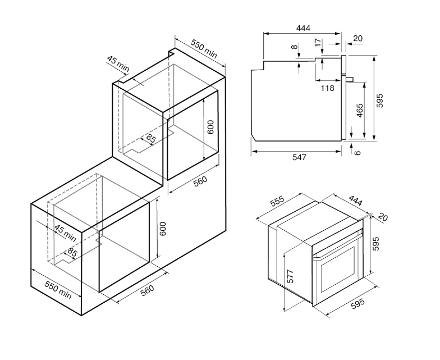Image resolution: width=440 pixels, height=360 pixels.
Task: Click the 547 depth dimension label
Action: (299, 157)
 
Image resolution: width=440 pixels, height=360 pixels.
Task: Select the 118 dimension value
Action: (328, 88)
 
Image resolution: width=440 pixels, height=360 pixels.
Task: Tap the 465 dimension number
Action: (359, 111)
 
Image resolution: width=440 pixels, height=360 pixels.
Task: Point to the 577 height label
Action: (290, 276)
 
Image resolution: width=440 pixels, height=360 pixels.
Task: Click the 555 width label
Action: (277, 201)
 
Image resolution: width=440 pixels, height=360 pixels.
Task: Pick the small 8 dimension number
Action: (294, 47)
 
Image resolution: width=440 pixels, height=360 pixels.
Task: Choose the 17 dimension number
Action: (318, 43)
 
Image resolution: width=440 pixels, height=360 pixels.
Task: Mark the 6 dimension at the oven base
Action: (357, 153)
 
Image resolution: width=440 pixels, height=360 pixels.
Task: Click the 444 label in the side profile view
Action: (303, 28)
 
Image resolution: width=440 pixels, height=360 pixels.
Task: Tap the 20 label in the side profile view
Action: (358, 38)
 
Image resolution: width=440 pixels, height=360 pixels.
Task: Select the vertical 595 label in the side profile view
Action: (379, 101)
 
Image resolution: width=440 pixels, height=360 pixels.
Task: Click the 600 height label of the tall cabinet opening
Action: (211, 127)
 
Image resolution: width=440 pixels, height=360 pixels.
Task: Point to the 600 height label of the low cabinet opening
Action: (163, 229)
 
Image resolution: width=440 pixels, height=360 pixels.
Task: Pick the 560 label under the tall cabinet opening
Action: (200, 181)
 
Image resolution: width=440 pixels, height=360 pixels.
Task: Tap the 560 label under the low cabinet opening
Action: (147, 290)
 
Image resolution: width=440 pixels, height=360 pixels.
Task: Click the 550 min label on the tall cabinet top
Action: (204, 48)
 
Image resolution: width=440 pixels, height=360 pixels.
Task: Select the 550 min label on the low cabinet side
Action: (58, 290)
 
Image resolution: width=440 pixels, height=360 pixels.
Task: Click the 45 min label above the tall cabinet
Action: (118, 64)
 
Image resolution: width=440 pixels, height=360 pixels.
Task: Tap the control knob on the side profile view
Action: (350, 79)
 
